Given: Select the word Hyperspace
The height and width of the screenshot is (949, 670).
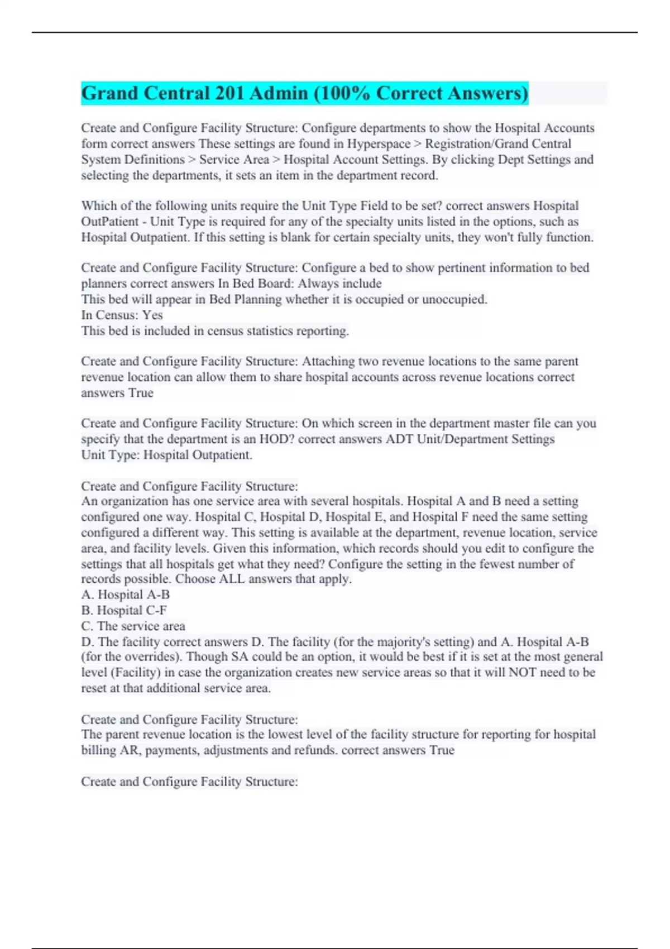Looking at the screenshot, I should pyautogui.click(x=379, y=144).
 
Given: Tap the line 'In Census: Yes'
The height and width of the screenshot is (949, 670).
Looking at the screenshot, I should pyautogui.click(x=122, y=315).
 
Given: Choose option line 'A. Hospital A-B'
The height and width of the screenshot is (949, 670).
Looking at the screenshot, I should pyautogui.click(x=125, y=595).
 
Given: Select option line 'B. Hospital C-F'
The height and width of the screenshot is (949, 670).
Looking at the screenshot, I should pyautogui.click(x=124, y=611).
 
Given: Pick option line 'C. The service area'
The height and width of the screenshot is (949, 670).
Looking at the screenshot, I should pyautogui.click(x=133, y=626).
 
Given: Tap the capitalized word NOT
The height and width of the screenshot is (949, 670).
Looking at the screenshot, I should pyautogui.click(x=521, y=673).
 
